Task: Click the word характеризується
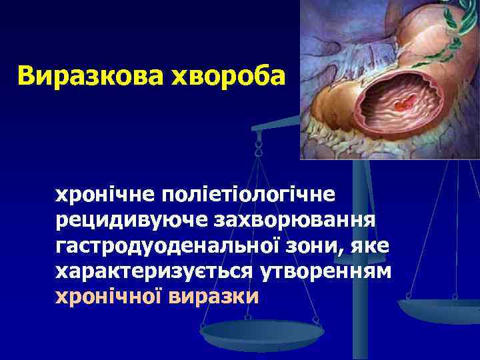tap(157, 271)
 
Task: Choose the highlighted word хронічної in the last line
tap(109, 296)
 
